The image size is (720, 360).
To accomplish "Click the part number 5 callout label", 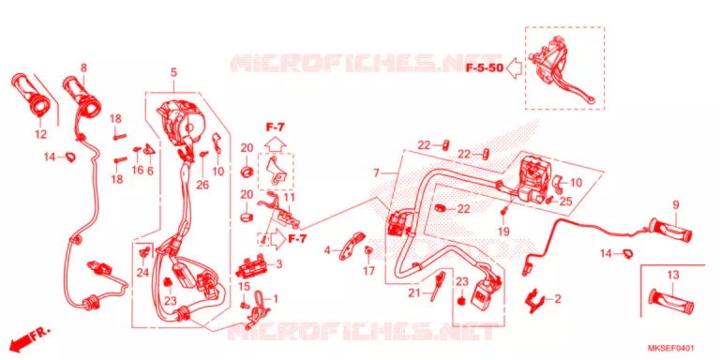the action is (x=174, y=72).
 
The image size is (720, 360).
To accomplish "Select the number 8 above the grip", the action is (x=83, y=67).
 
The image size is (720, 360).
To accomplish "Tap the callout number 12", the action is (x=40, y=135).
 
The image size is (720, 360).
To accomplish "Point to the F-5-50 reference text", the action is (x=485, y=68).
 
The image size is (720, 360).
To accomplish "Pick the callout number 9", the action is (x=675, y=204).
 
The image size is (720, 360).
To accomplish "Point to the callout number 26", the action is (x=202, y=184).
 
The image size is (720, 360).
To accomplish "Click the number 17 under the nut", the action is (x=368, y=271).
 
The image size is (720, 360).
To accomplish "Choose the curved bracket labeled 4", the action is (x=352, y=247).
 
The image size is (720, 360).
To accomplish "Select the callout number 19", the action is (x=503, y=232).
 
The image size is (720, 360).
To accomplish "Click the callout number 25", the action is (x=566, y=202).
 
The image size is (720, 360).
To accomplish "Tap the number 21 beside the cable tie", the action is (x=414, y=293).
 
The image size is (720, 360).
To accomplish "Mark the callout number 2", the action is (x=558, y=299).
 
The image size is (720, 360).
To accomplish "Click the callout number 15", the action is (x=244, y=287).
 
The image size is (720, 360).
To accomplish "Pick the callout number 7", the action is (x=377, y=173).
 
